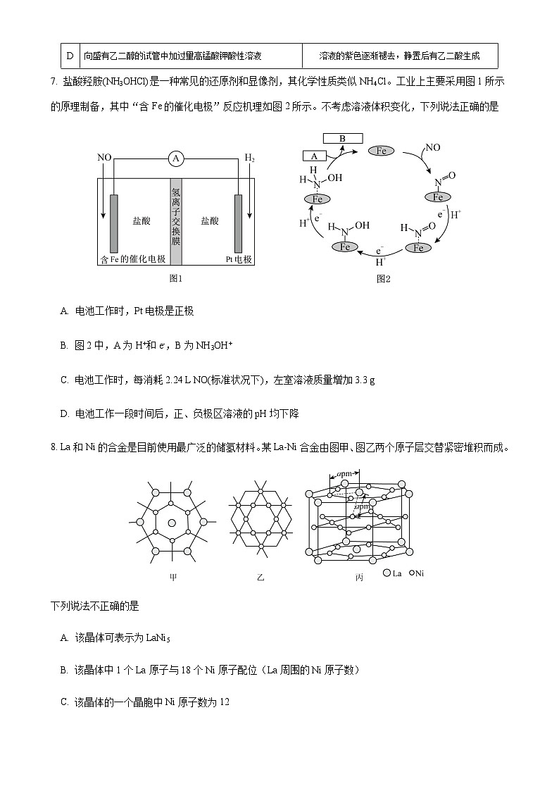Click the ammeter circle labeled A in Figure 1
[176, 159]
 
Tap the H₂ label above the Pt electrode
[249, 158]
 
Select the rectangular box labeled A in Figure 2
[314, 156]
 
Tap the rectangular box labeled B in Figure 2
[342, 139]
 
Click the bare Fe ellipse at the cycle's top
[382, 151]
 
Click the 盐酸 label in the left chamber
[142, 220]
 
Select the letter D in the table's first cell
[69, 55]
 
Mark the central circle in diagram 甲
[172, 523]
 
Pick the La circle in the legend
[387, 573]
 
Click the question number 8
[54, 447]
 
